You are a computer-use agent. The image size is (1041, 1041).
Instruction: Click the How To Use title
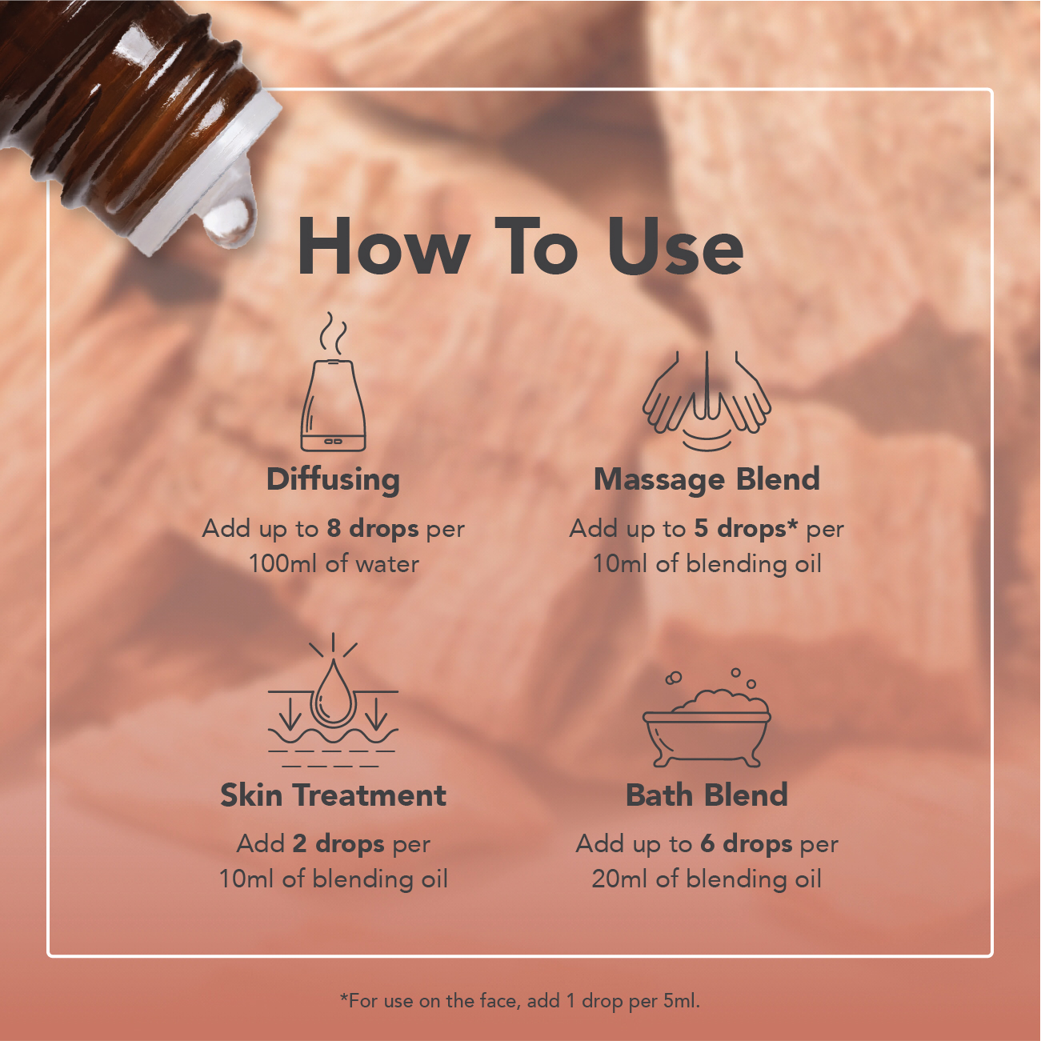click(520, 247)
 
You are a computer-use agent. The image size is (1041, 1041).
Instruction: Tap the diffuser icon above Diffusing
click(333, 382)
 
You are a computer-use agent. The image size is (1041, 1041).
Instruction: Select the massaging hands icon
click(707, 401)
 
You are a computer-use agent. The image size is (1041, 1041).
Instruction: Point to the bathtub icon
click(707, 718)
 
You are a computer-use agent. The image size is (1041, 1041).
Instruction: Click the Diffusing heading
click(333, 480)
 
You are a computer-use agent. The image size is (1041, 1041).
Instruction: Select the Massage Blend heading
click(707, 480)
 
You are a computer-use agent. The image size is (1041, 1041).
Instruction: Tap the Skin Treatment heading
click(333, 795)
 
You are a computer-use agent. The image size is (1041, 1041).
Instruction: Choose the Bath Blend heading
click(707, 795)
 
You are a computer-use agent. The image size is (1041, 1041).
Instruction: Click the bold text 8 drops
click(373, 529)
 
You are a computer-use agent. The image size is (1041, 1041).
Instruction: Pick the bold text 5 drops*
click(746, 529)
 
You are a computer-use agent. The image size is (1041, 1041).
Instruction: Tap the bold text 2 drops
click(338, 844)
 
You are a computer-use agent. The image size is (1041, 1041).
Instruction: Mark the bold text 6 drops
click(747, 844)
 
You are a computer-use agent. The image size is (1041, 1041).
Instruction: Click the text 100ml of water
click(334, 564)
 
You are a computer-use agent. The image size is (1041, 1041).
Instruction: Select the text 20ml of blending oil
click(707, 879)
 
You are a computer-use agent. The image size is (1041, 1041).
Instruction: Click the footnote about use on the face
click(519, 1001)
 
